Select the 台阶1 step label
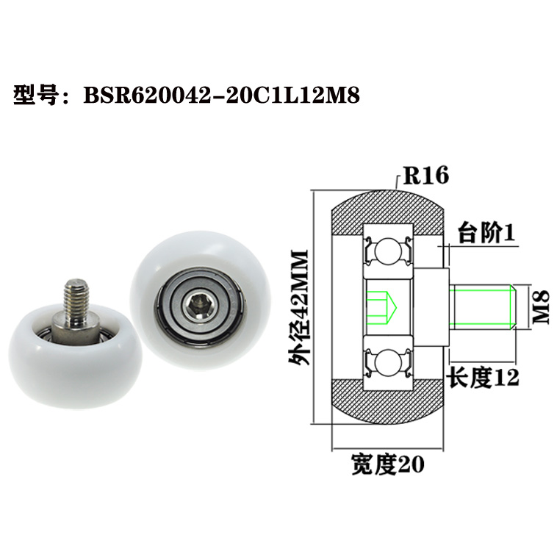[x=486, y=233]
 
